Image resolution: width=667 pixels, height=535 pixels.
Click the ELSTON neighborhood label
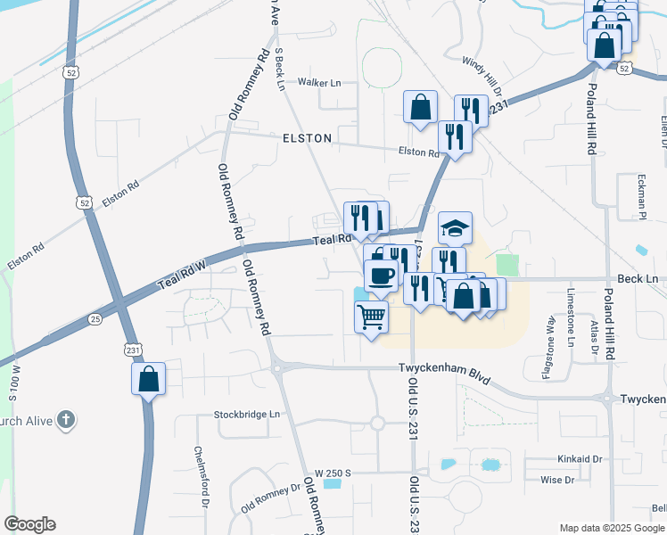pyautogui.click(x=307, y=138)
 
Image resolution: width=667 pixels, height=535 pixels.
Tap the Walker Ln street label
pyautogui.click(x=319, y=83)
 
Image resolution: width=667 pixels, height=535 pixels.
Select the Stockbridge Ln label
pyautogui.click(x=246, y=415)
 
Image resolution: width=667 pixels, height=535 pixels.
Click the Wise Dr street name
pyautogui.click(x=557, y=480)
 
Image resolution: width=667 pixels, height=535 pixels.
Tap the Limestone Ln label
pyautogui.click(x=572, y=317)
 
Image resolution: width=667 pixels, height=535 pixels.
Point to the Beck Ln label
pyautogui.click(x=638, y=279)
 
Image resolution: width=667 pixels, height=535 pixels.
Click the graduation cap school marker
pyautogui.click(x=455, y=227)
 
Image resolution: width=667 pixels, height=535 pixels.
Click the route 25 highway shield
pyautogui.click(x=95, y=318)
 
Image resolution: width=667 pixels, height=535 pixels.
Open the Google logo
pyautogui.click(x=29, y=524)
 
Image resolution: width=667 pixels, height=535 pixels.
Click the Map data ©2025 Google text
pyautogui.click(x=612, y=528)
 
